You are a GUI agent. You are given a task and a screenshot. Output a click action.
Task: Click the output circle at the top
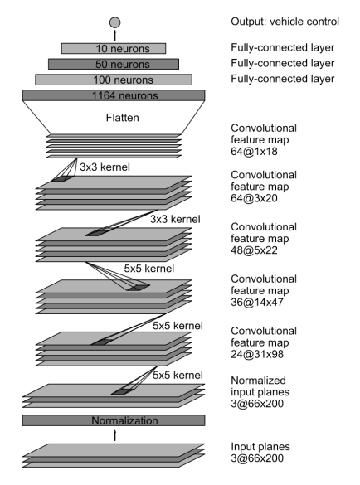[114, 21]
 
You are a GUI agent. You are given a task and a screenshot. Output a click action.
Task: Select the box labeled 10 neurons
[114, 48]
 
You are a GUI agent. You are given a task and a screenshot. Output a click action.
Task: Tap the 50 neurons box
[114, 64]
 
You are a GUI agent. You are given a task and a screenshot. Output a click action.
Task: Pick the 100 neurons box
[114, 80]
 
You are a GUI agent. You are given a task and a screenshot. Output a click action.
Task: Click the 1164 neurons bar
[114, 96]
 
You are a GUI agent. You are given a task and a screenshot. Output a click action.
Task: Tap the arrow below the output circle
[114, 35]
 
